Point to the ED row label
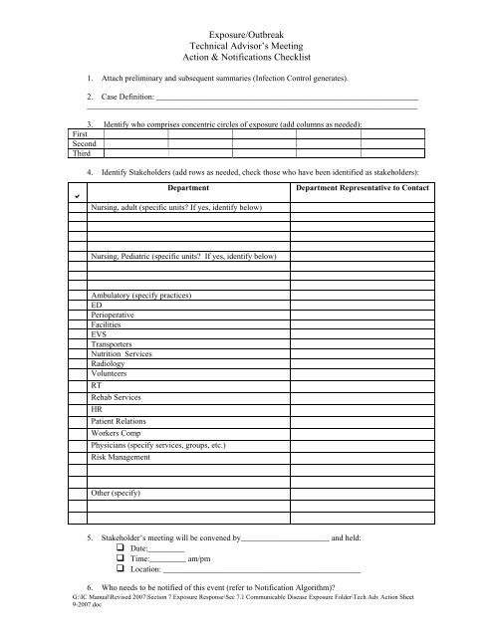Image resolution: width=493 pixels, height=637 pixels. click(x=97, y=307)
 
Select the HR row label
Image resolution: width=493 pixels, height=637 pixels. click(x=97, y=408)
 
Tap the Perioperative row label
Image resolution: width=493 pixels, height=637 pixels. click(x=115, y=316)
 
